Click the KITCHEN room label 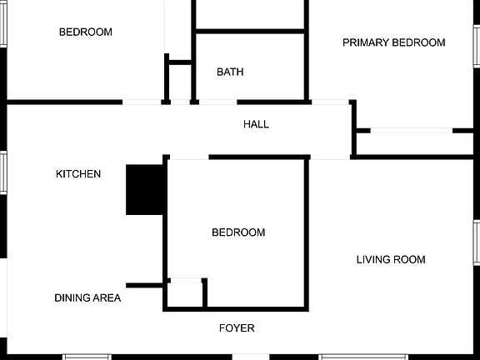pos(78,174)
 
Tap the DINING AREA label pos(87,297)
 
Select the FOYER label pos(237,327)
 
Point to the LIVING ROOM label pos(391,260)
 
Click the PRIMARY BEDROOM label pos(393,42)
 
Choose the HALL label pos(256,124)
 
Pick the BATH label pos(230,72)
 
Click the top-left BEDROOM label pos(85,32)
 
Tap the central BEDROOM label pos(238,232)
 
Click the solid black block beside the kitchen pos(145,190)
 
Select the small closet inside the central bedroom pos(185,294)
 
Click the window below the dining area pos(87,357)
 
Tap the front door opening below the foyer pos(251,357)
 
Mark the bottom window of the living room pos(352,357)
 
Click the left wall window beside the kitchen pos(2,172)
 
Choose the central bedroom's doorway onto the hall pos(189,157)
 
